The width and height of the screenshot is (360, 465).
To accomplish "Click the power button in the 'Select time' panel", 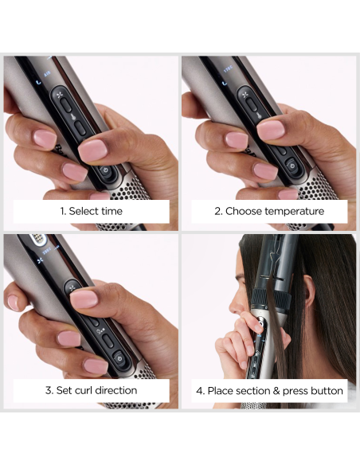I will pyautogui.click(x=105, y=170).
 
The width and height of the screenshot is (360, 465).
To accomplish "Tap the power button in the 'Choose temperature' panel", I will pyautogui.click(x=293, y=166).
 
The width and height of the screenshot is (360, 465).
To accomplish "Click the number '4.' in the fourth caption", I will pyautogui.click(x=201, y=390).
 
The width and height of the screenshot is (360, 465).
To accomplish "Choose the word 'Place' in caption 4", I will pyautogui.click(x=224, y=390).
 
